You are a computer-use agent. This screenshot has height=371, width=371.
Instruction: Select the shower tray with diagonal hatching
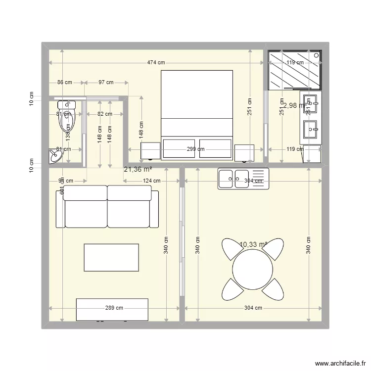click(294, 70)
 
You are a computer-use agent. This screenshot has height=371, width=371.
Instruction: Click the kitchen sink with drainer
click(242, 179)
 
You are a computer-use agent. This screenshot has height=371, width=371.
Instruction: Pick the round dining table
click(253, 269)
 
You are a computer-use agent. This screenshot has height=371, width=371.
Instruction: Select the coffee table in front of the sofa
click(111, 257)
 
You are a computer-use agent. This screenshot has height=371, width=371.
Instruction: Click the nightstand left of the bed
click(150, 151)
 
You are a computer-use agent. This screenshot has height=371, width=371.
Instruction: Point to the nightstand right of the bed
click(244, 153)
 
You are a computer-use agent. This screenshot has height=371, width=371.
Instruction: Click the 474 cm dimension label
click(156, 63)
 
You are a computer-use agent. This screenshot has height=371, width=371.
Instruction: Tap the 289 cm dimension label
click(114, 308)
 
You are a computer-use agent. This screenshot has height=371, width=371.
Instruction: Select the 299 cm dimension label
click(195, 149)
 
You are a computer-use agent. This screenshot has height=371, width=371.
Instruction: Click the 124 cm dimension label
click(151, 181)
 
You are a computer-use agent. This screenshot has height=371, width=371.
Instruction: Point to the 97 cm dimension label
click(105, 83)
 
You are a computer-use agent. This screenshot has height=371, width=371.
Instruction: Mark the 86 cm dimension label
click(65, 83)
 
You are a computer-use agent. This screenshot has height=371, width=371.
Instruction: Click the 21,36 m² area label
click(138, 169)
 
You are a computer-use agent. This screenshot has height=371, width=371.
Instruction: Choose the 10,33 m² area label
click(253, 244)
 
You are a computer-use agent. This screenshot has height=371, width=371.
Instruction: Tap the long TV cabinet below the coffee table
click(112, 310)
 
